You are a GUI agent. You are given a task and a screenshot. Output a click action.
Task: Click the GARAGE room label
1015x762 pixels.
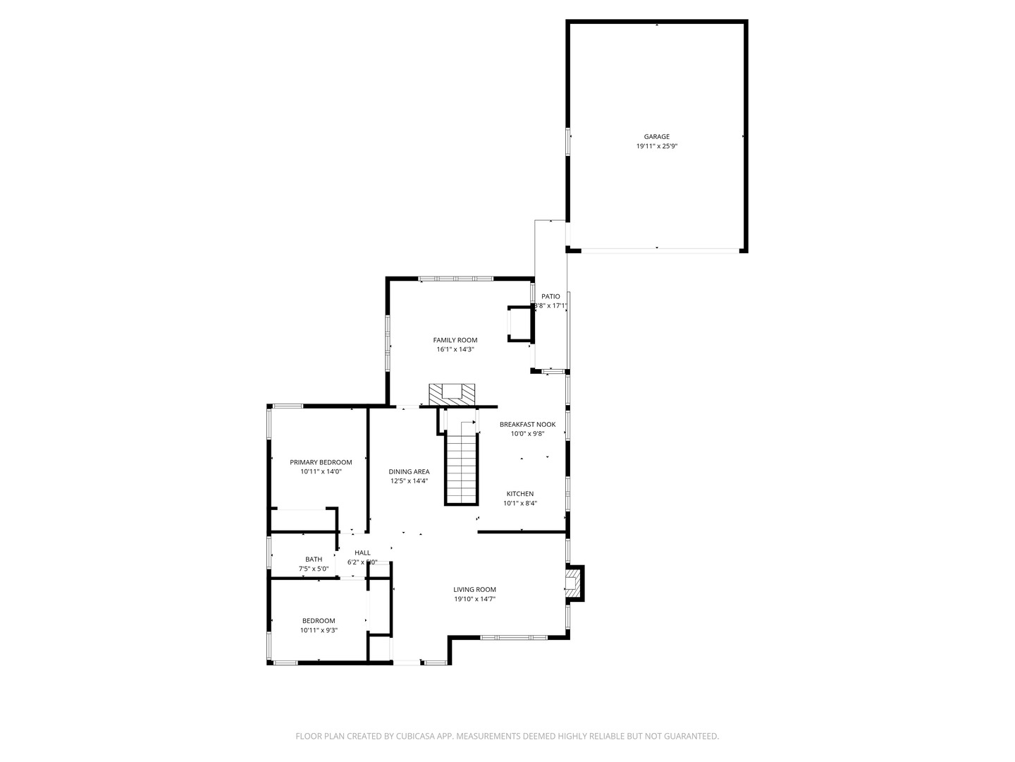point(656,137)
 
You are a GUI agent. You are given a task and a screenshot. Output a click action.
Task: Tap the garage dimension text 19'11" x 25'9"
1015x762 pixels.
point(656,146)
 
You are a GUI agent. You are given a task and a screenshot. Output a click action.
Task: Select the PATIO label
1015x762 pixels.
point(550,296)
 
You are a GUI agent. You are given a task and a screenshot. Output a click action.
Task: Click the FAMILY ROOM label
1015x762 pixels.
point(455,340)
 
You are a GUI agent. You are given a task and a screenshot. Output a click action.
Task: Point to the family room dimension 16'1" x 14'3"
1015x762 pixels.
point(455,349)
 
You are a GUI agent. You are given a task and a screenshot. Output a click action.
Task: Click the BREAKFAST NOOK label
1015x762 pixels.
point(527,425)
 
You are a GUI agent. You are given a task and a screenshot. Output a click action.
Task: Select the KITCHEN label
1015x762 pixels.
point(519,494)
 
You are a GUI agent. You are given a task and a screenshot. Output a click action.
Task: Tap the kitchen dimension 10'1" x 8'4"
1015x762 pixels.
point(519,503)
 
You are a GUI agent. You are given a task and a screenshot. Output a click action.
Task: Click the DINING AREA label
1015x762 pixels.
point(409,472)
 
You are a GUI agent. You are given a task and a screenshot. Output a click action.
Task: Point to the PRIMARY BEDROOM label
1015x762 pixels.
point(321,463)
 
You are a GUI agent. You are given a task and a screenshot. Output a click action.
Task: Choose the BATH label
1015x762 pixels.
point(314,560)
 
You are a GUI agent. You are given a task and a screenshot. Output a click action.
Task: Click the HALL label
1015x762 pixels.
point(362,553)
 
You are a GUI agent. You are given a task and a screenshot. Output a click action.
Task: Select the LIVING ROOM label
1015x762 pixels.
point(474,590)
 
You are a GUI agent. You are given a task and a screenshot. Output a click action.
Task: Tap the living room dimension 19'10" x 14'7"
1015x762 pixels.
point(474,599)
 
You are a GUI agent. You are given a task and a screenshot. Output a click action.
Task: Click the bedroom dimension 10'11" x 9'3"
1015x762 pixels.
point(319,630)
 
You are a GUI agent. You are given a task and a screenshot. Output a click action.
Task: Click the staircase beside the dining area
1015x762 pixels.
point(462,469)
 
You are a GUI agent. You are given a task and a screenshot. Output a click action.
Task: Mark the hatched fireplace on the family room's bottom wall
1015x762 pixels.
point(452,394)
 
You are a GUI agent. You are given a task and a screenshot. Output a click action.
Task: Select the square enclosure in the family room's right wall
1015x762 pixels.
point(520,324)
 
